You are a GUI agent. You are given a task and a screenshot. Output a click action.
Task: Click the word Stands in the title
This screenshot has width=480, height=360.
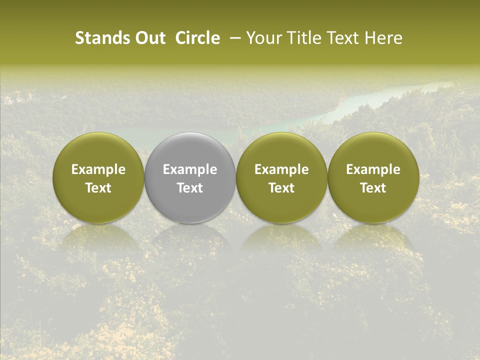click(x=98, y=38)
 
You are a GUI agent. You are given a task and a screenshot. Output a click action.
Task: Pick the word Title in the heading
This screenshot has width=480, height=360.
click(x=303, y=38)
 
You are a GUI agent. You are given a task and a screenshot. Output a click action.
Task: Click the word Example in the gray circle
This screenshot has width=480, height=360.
click(x=190, y=169)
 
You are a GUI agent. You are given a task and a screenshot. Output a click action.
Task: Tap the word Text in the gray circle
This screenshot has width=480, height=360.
click(x=190, y=188)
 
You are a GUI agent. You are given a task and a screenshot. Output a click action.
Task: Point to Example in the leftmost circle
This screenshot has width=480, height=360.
click(x=98, y=169)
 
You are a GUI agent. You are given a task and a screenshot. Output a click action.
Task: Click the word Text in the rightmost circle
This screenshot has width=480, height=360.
click(x=373, y=188)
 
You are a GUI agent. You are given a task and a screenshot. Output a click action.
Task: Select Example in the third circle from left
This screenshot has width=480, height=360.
click(x=281, y=169)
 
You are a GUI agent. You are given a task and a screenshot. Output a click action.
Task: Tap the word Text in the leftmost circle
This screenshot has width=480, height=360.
click(x=98, y=188)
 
